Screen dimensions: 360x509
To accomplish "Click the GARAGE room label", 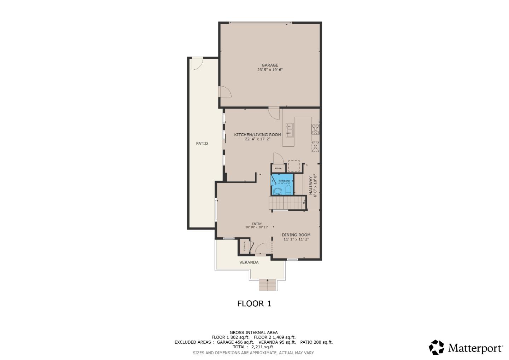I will [270, 65].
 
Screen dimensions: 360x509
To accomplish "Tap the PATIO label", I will [202, 143].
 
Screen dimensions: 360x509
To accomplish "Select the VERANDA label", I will [249, 262].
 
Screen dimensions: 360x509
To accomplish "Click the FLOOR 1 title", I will [254, 303].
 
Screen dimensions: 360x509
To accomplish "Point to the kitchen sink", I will [290, 130].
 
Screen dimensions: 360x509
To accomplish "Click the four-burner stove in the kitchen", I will [315, 129].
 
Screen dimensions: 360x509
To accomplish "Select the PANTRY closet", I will [279, 168].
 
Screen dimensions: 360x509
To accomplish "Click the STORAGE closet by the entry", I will [244, 246].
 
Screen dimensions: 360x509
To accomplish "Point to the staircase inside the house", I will [287, 203].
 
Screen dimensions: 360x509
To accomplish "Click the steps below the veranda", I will [268, 285].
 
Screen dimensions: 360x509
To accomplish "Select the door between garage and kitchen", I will [274, 113].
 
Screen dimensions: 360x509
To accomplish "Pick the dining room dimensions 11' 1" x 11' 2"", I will [296, 239].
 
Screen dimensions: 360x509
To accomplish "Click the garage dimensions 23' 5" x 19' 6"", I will [270, 70].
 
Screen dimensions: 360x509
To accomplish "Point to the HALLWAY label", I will [311, 186].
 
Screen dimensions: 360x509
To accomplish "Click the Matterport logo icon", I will [437, 347].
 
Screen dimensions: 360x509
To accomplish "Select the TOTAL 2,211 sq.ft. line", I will [253, 347].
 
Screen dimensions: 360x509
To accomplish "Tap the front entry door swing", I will [261, 249].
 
